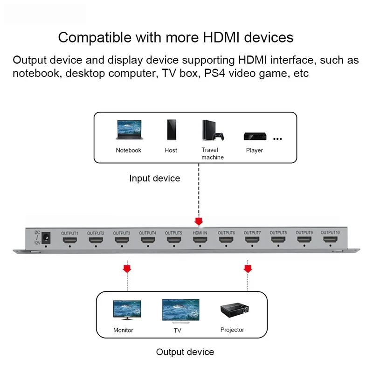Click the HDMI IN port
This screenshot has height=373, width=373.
[x=199, y=241]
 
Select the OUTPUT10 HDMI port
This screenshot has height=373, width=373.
[x=329, y=241]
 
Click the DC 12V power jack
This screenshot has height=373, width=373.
[x=46, y=238]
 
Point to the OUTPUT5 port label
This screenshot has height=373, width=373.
[x=173, y=233]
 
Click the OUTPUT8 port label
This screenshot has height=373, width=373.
[x=278, y=233]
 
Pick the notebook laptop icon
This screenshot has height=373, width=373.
[x=128, y=131]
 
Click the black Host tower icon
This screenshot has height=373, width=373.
[x=171, y=131]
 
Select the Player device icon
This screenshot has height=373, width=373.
[x=255, y=137]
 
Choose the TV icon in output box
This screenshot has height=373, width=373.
[x=180, y=311]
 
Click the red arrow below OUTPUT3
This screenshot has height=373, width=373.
[x=126, y=269]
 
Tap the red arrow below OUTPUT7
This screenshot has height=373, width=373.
[x=248, y=269]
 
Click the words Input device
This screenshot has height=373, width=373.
[x=154, y=179]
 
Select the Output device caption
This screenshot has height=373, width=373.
[x=185, y=352]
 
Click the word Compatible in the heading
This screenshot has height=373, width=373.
[x=90, y=37]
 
